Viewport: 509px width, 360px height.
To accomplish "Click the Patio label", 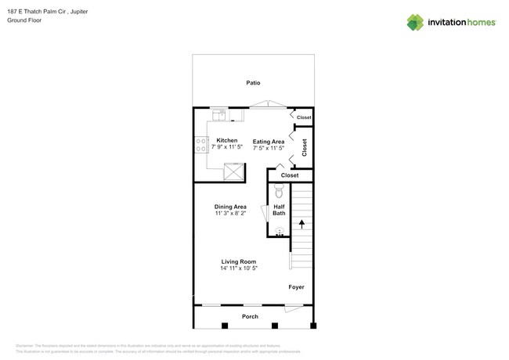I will pyautogui.click(x=253, y=82).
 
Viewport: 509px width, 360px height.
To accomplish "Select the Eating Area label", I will pyautogui.click(x=268, y=142).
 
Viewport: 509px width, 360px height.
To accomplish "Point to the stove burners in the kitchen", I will pyautogui.click(x=200, y=144).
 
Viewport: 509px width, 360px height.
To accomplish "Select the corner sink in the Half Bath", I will pyautogui.click(x=279, y=232).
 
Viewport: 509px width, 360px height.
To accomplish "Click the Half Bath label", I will pyautogui.click(x=279, y=210).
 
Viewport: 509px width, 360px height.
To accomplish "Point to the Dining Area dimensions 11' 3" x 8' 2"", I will pyautogui.click(x=230, y=213).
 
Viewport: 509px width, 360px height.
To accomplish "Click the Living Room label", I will pyautogui.click(x=238, y=262).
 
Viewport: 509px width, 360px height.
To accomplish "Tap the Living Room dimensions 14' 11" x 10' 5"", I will pyautogui.click(x=238, y=268).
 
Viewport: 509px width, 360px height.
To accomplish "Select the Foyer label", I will pyautogui.click(x=296, y=287).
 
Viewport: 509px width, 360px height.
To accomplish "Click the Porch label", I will pyautogui.click(x=250, y=316).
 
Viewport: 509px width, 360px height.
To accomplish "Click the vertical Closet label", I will pyautogui.click(x=305, y=148).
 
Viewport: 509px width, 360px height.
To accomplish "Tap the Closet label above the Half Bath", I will pyautogui.click(x=290, y=175).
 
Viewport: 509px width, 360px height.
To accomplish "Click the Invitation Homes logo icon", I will pyautogui.click(x=415, y=22).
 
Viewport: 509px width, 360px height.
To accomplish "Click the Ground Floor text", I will pyautogui.click(x=24, y=21).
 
